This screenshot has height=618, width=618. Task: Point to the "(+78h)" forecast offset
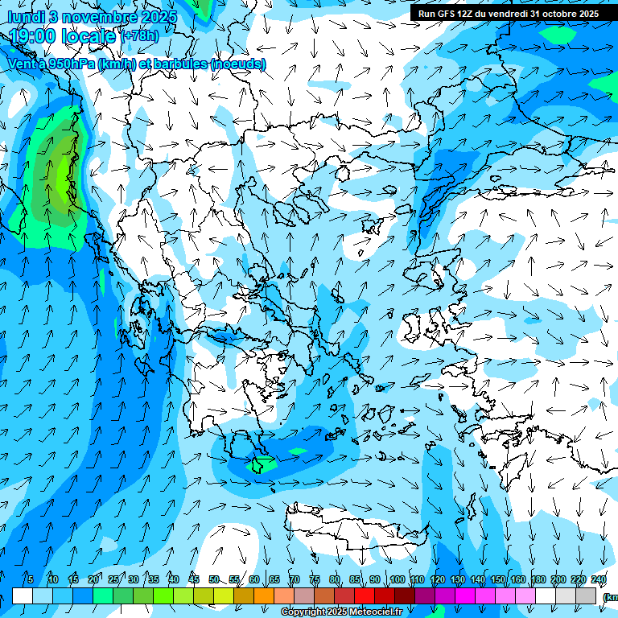click(x=139, y=36)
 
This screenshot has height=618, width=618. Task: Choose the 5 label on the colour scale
click(x=31, y=579)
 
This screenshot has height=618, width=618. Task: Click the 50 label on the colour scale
click(x=214, y=579)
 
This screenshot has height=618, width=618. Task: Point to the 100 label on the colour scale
click(x=397, y=579)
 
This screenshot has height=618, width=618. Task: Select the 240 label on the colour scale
click(x=599, y=579)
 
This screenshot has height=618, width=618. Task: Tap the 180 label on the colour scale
click(x=538, y=579)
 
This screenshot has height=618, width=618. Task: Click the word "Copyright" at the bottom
click(x=303, y=612)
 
